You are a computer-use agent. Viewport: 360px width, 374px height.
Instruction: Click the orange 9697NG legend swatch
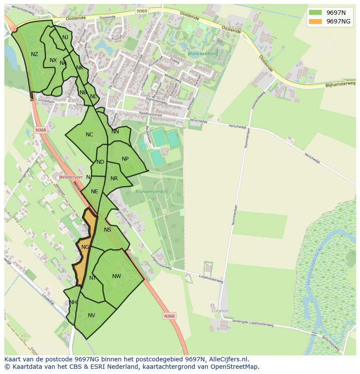pos(316,21)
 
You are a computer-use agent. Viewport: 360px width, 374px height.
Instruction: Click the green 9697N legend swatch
pos(316,12)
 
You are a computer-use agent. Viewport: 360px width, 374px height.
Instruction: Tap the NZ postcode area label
pos(34,54)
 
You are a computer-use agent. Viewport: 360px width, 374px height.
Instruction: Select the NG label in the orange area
pos(85,247)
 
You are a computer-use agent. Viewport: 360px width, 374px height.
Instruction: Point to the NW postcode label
pos(117,276)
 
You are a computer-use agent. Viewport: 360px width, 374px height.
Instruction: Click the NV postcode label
pos(91,315)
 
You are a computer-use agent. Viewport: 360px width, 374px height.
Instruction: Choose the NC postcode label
pos(89,135)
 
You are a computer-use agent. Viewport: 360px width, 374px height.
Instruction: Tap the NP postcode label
pos(125,159)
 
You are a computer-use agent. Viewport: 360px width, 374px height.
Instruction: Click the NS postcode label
pos(107,230)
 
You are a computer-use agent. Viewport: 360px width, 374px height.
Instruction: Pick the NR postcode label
pos(114,179)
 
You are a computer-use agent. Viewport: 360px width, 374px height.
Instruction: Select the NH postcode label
pos(73,302)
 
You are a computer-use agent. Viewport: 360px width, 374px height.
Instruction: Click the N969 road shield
pos(142,11)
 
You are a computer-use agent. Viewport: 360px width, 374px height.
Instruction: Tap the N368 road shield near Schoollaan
pos(40,130)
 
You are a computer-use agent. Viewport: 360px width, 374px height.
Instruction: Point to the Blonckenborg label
pos(202,54)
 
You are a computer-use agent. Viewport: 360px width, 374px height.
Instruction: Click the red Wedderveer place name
pos(70,177)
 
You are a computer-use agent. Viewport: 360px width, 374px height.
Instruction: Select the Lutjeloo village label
pos(220,311)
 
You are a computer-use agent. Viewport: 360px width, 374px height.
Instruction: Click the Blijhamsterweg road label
pos(340,84)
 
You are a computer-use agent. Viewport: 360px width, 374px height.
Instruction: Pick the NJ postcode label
pos(65,37)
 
